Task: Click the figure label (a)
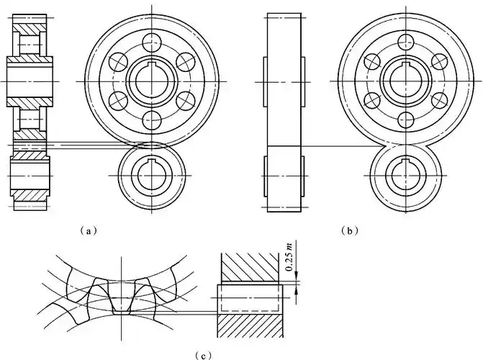[87, 231]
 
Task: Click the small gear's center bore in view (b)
[406, 176]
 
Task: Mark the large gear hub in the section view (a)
[30, 81]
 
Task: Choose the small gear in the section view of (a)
[30, 177]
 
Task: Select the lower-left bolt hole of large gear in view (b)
[372, 101]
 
